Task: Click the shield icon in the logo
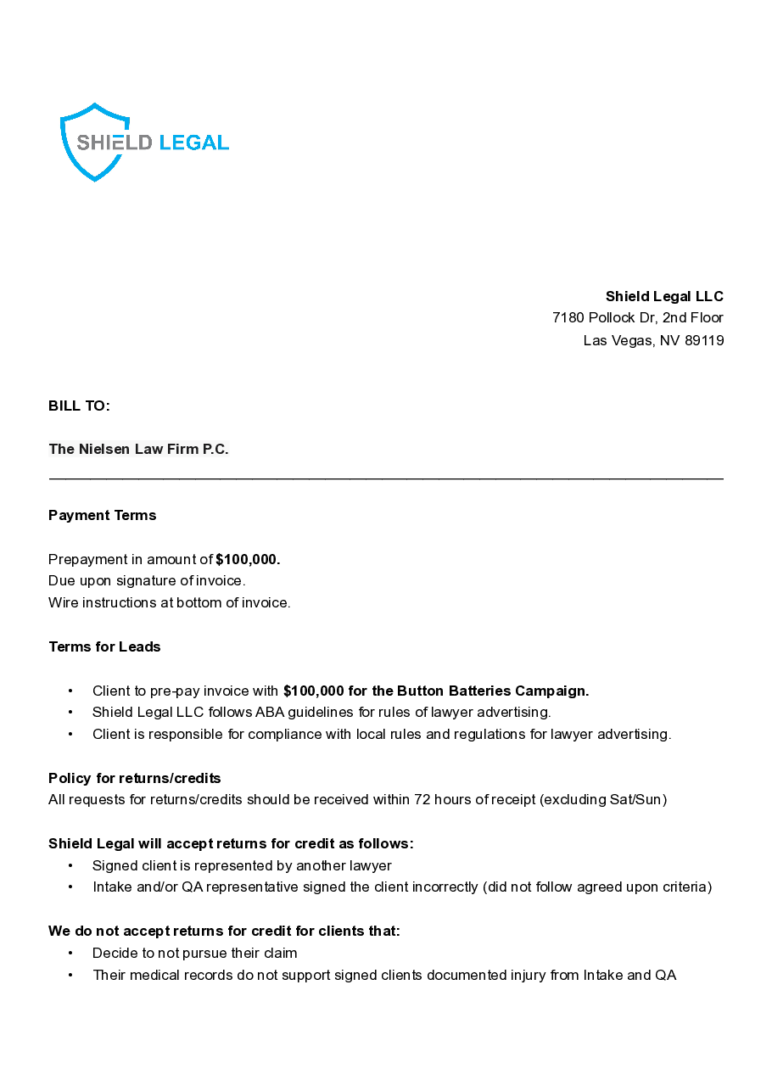pyautogui.click(x=94, y=143)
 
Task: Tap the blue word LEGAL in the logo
pyautogui.click(x=194, y=143)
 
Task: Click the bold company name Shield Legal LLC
pyautogui.click(x=664, y=296)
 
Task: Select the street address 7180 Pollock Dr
pyautogui.click(x=603, y=317)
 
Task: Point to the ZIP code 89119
pyautogui.click(x=704, y=340)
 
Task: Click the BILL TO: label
pyautogui.click(x=79, y=406)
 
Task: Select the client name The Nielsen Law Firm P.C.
pyautogui.click(x=138, y=449)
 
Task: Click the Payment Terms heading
pyautogui.click(x=102, y=515)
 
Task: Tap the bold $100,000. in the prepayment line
pyautogui.click(x=248, y=559)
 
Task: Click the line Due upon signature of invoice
pyautogui.click(x=147, y=581)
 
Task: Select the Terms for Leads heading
pyautogui.click(x=104, y=646)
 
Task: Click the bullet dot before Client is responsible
pyautogui.click(x=70, y=735)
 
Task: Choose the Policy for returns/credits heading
pyautogui.click(x=134, y=778)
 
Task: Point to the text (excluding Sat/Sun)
pyautogui.click(x=603, y=800)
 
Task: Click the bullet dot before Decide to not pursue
pyautogui.click(x=70, y=954)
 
